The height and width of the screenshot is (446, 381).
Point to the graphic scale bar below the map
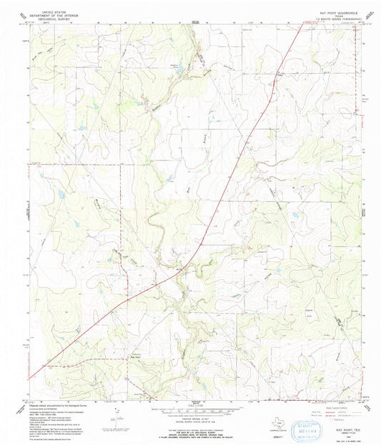coord(191,407)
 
